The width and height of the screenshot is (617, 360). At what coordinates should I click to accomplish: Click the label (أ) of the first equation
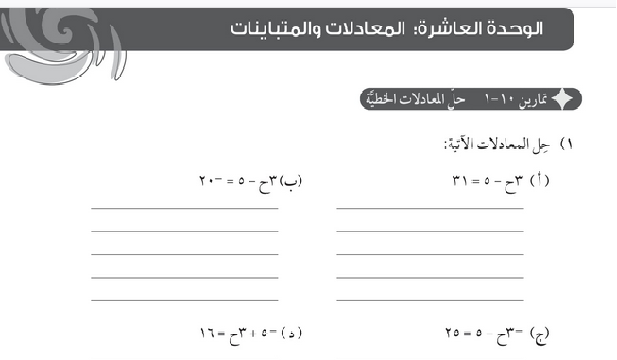tap(540, 180)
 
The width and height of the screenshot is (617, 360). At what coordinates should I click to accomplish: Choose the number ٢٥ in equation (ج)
tap(453, 334)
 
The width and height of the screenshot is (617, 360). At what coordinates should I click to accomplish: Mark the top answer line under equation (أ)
tap(430, 207)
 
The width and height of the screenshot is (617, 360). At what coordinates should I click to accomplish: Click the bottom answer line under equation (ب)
tap(184, 299)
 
